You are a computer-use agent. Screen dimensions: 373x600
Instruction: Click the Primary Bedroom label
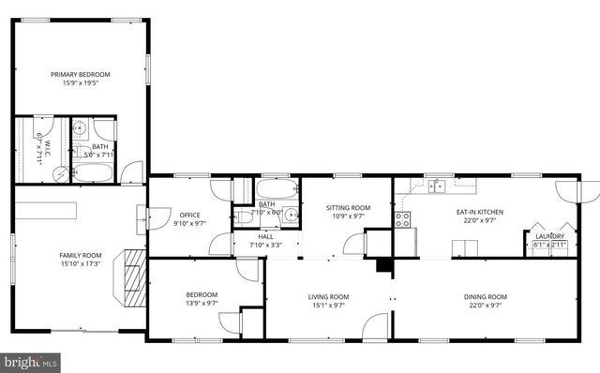pos(80,74)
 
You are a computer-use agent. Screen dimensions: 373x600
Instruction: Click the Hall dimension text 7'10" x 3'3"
pos(266,245)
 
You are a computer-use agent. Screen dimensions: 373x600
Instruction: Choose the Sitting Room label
pos(348,207)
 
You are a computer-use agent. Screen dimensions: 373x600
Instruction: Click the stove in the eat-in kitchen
pos(402,219)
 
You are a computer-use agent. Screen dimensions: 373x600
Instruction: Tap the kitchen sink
pos(437,186)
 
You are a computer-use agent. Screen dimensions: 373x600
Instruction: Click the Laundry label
pos(548,236)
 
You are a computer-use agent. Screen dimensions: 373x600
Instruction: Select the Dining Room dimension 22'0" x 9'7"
pos(485,306)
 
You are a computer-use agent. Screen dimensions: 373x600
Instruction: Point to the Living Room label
pos(328,297)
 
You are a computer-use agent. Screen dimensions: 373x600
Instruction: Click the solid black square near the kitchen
pos(383,265)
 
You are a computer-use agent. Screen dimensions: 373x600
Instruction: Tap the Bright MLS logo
pos(31,361)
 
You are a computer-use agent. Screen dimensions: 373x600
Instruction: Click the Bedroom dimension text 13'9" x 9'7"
pos(201,303)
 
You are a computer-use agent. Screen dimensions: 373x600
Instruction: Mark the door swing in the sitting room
pos(353,246)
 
